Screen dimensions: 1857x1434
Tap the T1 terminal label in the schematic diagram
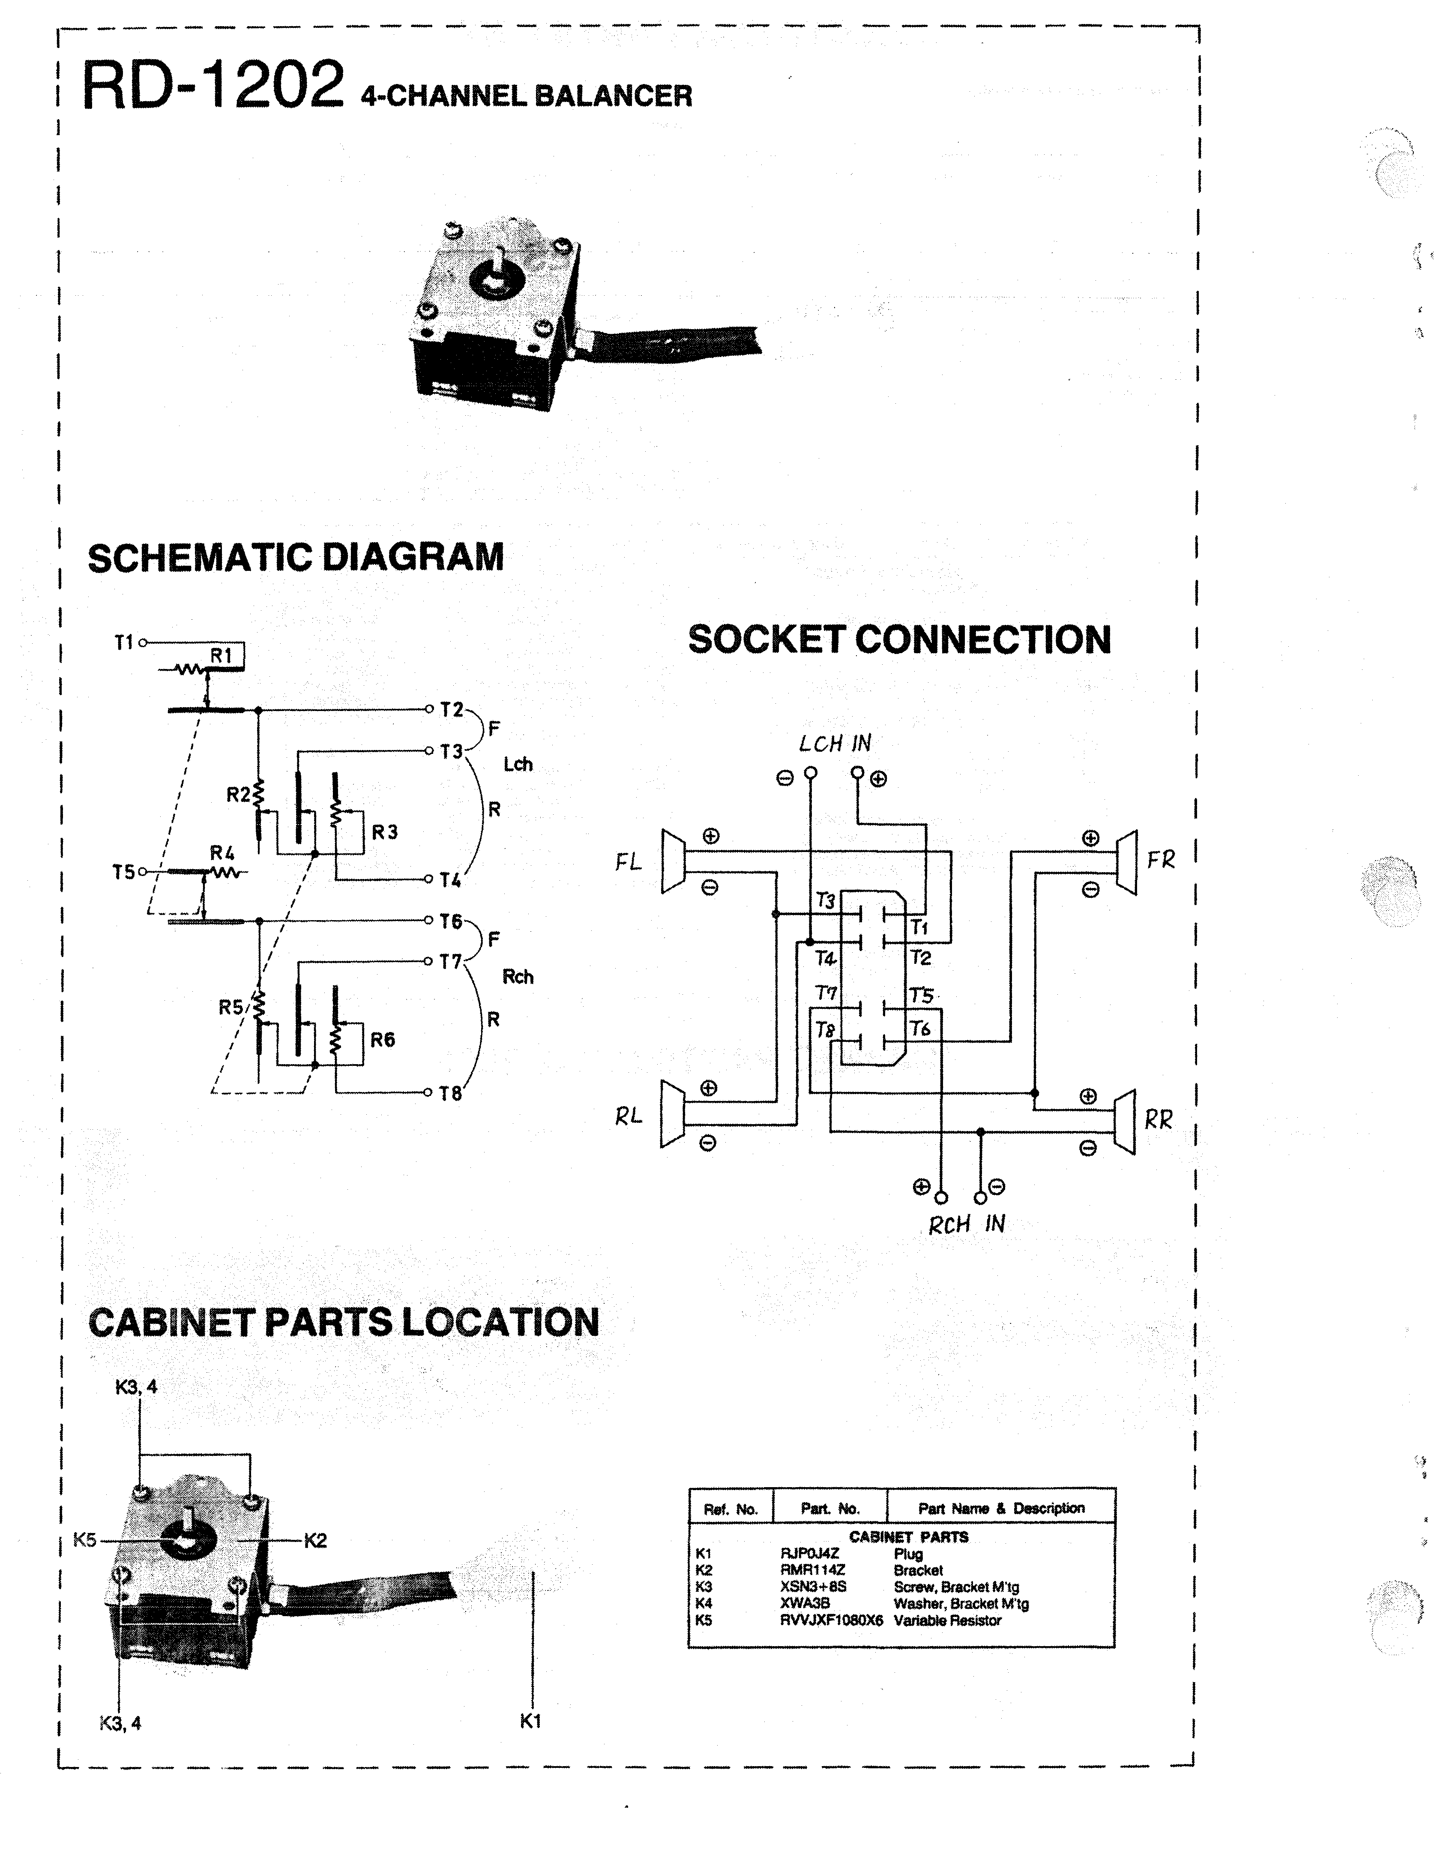click(x=124, y=643)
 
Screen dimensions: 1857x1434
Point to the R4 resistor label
click(x=222, y=853)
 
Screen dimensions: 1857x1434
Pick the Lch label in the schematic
click(x=518, y=765)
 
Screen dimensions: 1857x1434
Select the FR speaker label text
click(x=1160, y=861)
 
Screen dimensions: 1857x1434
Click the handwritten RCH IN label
click(x=967, y=1224)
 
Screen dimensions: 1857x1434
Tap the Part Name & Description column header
click(x=1000, y=1509)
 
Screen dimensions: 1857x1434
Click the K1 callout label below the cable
click(x=530, y=1721)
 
